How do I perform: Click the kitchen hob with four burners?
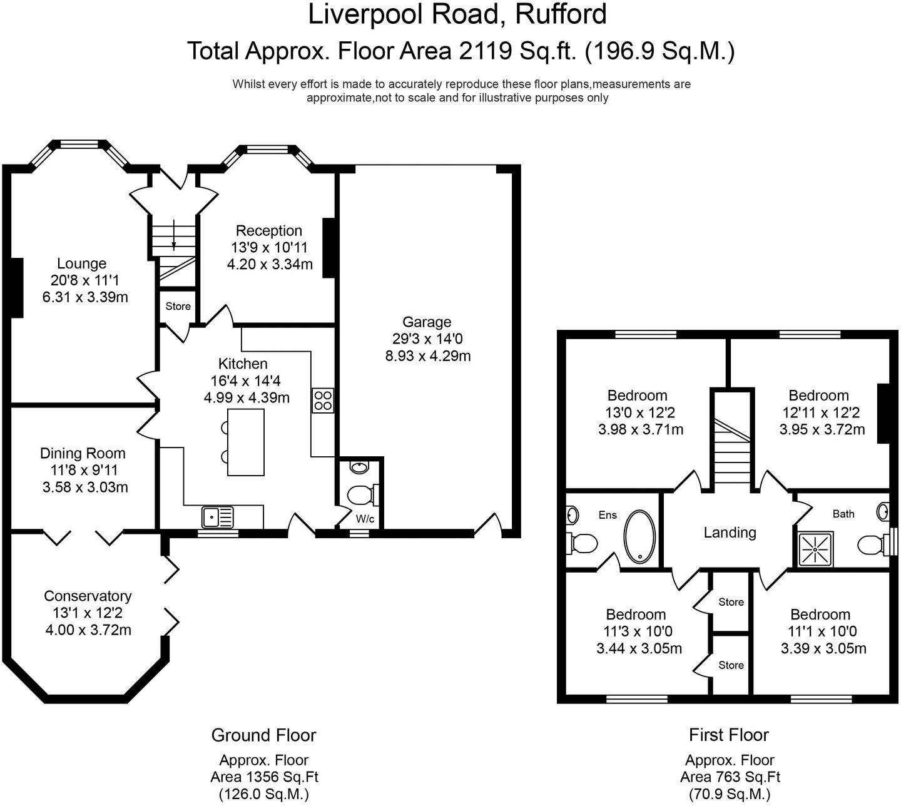pyautogui.click(x=322, y=400)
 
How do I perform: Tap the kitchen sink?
pyautogui.click(x=218, y=517)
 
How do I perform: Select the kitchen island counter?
pyautogui.click(x=245, y=442)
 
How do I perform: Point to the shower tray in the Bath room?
pyautogui.click(x=815, y=549)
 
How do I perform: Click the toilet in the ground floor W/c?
pyautogui.click(x=362, y=494)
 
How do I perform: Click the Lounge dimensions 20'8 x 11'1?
pyautogui.click(x=84, y=280)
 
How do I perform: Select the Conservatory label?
pyautogui.click(x=88, y=596)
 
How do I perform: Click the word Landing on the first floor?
pyautogui.click(x=730, y=533)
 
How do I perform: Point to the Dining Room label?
pyautogui.click(x=83, y=453)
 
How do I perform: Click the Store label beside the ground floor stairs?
pyautogui.click(x=178, y=306)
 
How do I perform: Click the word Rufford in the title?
pyautogui.click(x=561, y=14)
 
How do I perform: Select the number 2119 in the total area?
pyautogui.click(x=485, y=51)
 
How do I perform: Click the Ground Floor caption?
pyautogui.click(x=263, y=735)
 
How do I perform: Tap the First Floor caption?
pyautogui.click(x=729, y=735)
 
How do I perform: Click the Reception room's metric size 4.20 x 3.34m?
pyautogui.click(x=270, y=264)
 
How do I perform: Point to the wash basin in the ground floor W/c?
pyautogui.click(x=359, y=467)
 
